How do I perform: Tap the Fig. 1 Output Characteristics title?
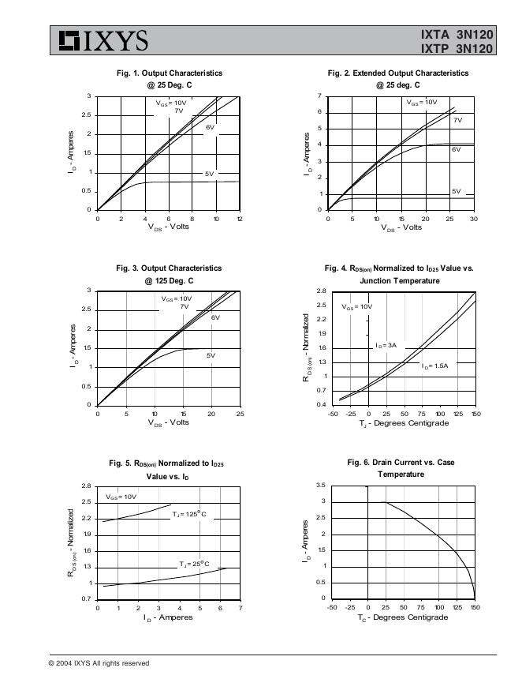coord(169,73)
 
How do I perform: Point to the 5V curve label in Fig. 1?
coord(209,174)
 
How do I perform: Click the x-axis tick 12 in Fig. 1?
coord(240,218)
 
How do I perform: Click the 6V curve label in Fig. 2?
coord(456,149)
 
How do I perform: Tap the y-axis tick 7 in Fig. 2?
coord(319,96)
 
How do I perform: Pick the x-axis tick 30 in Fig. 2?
coord(473,218)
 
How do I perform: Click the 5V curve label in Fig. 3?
coord(211,355)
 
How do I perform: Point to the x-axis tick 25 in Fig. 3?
coord(240,413)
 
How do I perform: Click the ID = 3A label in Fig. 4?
coord(386,346)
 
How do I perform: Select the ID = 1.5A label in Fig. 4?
coord(434,366)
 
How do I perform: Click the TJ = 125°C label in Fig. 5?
coord(189,515)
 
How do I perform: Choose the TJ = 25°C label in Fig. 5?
coord(193,564)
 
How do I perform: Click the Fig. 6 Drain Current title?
coord(401,463)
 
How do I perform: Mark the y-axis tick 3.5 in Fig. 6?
coord(320,485)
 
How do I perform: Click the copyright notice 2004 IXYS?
coord(99,663)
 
